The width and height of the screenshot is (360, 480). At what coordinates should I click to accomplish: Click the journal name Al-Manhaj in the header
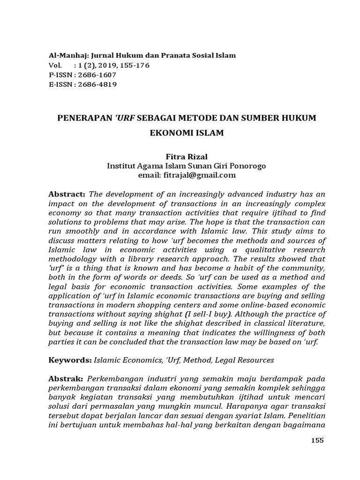click(x=67, y=55)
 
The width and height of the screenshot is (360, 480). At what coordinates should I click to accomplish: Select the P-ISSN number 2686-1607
click(x=95, y=75)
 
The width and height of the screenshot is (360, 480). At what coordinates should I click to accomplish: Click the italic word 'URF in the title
click(x=124, y=118)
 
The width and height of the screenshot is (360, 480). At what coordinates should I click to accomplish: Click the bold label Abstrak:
click(x=66, y=378)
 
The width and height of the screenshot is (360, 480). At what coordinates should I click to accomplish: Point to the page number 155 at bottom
click(x=317, y=440)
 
